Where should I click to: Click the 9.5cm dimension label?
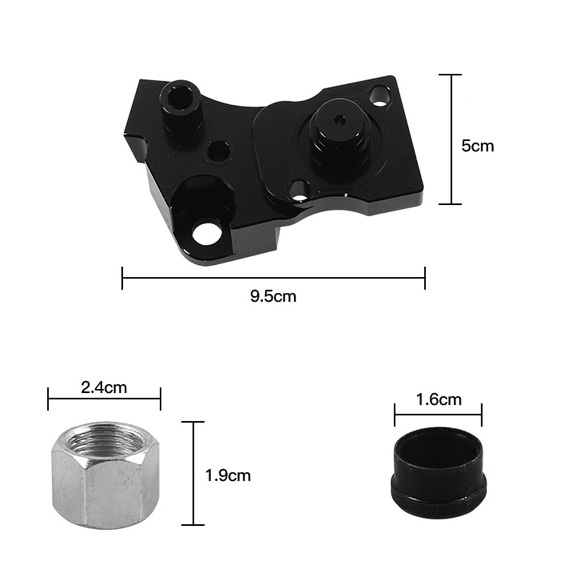pyautogui.click(x=273, y=296)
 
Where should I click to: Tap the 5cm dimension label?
pyautogui.click(x=478, y=146)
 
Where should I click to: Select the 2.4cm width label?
pyautogui.click(x=104, y=387)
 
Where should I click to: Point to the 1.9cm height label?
pyautogui.click(x=228, y=476)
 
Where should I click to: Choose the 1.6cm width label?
pyautogui.click(x=439, y=400)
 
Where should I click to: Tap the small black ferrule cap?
pyautogui.click(x=439, y=469)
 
